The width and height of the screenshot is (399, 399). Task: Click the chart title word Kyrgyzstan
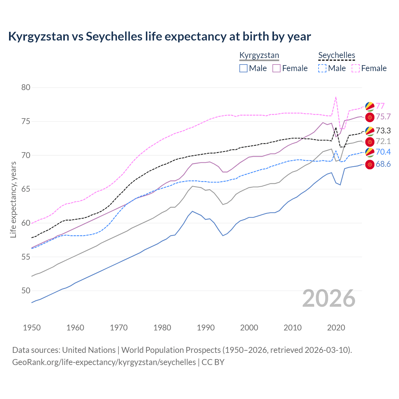pyautogui.click(x=38, y=36)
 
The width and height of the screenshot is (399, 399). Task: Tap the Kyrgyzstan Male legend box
pyautogui.click(x=243, y=68)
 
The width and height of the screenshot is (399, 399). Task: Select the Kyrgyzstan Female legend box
pyautogui.click(x=276, y=68)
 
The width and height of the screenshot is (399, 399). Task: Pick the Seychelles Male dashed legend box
pyautogui.click(x=322, y=68)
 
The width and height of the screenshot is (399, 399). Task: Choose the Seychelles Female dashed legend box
pyautogui.click(x=356, y=68)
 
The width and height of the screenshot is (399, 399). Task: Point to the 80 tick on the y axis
pyautogui.click(x=26, y=87)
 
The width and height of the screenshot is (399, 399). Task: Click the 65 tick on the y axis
pyautogui.click(x=26, y=189)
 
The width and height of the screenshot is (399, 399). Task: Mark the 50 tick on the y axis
pyautogui.click(x=26, y=291)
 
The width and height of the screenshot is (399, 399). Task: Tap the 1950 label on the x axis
pyautogui.click(x=32, y=328)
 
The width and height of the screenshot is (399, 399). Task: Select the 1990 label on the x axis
pyautogui.click(x=206, y=328)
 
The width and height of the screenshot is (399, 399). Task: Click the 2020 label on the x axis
pyautogui.click(x=336, y=328)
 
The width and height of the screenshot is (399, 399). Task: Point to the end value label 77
pyautogui.click(x=380, y=106)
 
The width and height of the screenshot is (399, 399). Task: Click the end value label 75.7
pyautogui.click(x=383, y=117)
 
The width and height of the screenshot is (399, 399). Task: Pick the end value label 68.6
pyautogui.click(x=383, y=164)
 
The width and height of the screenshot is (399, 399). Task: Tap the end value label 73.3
pyautogui.click(x=383, y=131)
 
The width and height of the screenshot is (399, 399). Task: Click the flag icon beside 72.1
pyautogui.click(x=370, y=142)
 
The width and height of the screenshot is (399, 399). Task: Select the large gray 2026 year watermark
pyautogui.click(x=329, y=298)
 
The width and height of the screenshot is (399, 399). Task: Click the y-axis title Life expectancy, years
pyautogui.click(x=13, y=199)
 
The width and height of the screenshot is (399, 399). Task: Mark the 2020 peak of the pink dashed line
pyautogui.click(x=336, y=97)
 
